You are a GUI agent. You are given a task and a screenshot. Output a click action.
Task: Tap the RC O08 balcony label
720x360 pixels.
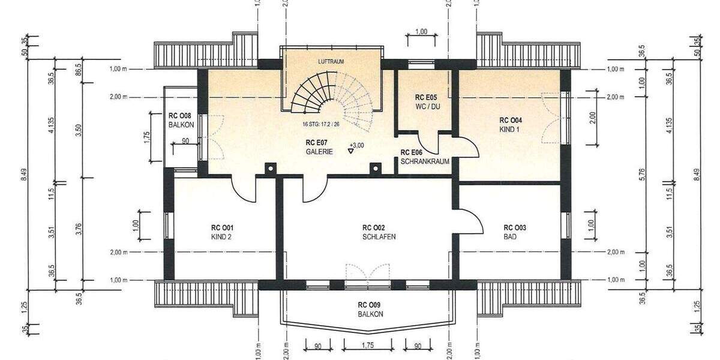point(181,120)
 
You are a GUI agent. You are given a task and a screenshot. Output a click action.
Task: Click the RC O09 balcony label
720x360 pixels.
point(370,308)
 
